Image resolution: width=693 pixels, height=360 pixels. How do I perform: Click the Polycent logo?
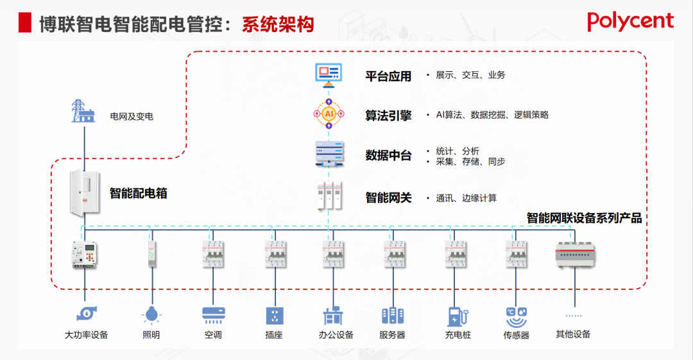(630, 21)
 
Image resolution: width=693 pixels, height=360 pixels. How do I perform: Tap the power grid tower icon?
(81, 111)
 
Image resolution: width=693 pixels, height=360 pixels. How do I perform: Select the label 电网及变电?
(132, 117)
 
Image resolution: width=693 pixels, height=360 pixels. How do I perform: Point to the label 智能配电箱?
(138, 193)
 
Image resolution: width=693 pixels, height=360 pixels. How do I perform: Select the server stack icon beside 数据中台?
(329, 155)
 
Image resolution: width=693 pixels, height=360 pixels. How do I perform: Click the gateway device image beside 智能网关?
(329, 197)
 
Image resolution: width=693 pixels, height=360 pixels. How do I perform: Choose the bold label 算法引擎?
(388, 116)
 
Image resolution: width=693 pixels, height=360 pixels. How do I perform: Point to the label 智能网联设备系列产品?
(584, 218)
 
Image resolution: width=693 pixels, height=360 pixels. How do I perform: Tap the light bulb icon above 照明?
(151, 314)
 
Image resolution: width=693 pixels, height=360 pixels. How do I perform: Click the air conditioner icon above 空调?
(214, 314)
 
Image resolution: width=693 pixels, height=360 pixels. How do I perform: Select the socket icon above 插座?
(275, 315)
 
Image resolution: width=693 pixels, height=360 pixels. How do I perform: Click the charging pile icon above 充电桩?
(458, 316)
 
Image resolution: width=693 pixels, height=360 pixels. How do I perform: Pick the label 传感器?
(517, 335)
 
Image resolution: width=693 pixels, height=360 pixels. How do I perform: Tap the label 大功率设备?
(86, 335)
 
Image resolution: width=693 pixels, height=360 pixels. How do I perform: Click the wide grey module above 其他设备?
(575, 254)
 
